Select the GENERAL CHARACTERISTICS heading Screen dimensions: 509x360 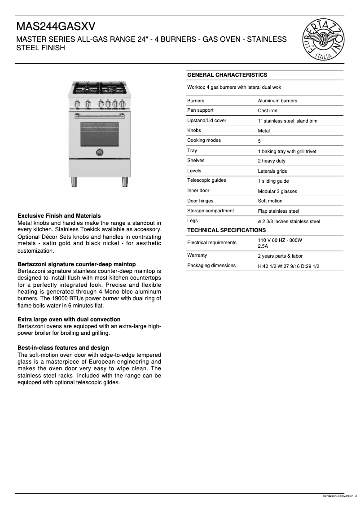[x=227, y=75]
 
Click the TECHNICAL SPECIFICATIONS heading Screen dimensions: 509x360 [x=226, y=230]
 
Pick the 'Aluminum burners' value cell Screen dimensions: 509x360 [x=277, y=101]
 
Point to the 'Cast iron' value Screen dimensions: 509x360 [x=268, y=111]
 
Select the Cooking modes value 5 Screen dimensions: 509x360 [x=259, y=141]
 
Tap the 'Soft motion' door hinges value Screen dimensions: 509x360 [x=270, y=201]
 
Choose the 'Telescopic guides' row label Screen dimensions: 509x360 [x=206, y=180]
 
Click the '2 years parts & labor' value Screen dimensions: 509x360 [x=280, y=256]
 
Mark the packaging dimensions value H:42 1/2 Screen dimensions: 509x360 [x=288, y=266]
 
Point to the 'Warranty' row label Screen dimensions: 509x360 [x=197, y=255]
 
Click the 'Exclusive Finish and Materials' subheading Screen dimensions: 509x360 [x=59, y=216]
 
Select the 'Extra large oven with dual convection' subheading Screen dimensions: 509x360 [x=69, y=320]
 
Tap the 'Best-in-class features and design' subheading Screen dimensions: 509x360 [x=63, y=348]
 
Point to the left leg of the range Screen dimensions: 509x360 [x=75, y=181]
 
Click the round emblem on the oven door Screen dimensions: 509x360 [x=100, y=153]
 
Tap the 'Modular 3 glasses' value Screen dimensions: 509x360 [x=277, y=191]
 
